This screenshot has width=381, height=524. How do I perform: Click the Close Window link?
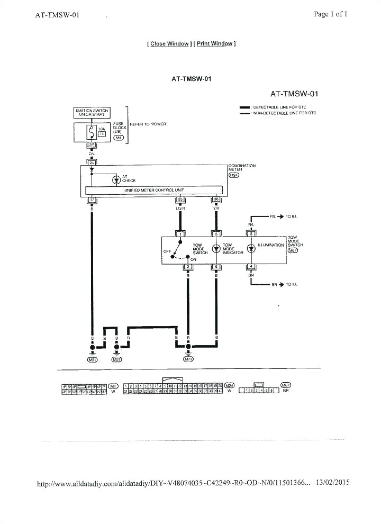point(169,44)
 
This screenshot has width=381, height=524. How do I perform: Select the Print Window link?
point(215,44)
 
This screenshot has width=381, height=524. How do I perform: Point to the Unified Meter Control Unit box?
point(153,189)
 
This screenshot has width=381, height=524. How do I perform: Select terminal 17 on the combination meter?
point(92,200)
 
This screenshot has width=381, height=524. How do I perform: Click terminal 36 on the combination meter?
point(216,200)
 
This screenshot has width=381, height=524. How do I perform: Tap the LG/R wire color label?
point(180,209)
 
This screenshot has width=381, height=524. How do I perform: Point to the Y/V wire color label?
point(216,209)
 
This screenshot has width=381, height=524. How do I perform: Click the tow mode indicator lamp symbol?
point(216,249)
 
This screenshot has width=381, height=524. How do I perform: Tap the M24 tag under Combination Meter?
point(234,175)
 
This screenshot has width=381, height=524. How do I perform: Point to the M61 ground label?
point(93,359)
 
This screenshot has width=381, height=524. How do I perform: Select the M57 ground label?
point(117,359)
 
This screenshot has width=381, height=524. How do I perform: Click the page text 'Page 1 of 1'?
point(330,14)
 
